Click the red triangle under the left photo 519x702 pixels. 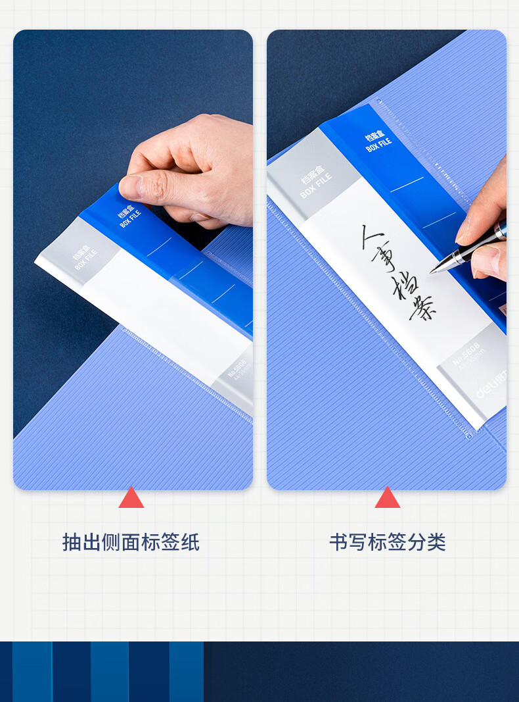[131, 499]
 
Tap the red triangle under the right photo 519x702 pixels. [387, 499]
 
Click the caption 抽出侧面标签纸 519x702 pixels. [131, 542]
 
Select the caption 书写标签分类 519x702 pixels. [387, 542]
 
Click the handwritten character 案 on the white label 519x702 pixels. [424, 309]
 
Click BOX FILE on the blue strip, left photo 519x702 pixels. [131, 218]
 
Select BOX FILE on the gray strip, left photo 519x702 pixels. [86, 259]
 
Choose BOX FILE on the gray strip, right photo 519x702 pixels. [316, 186]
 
